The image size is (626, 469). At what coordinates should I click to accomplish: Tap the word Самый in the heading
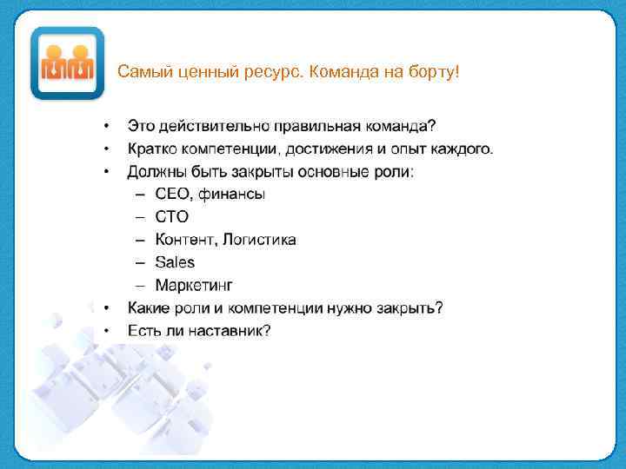click(143, 70)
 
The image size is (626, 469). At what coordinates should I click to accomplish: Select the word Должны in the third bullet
click(154, 172)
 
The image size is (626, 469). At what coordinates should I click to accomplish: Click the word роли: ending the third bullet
click(393, 172)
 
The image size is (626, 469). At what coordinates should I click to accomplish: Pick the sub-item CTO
click(171, 217)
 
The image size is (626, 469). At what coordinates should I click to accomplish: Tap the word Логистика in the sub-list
click(259, 240)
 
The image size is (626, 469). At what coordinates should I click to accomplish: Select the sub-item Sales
click(175, 262)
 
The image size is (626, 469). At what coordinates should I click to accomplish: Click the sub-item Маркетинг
click(194, 285)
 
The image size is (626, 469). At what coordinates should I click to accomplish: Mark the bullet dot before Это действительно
click(106, 127)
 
